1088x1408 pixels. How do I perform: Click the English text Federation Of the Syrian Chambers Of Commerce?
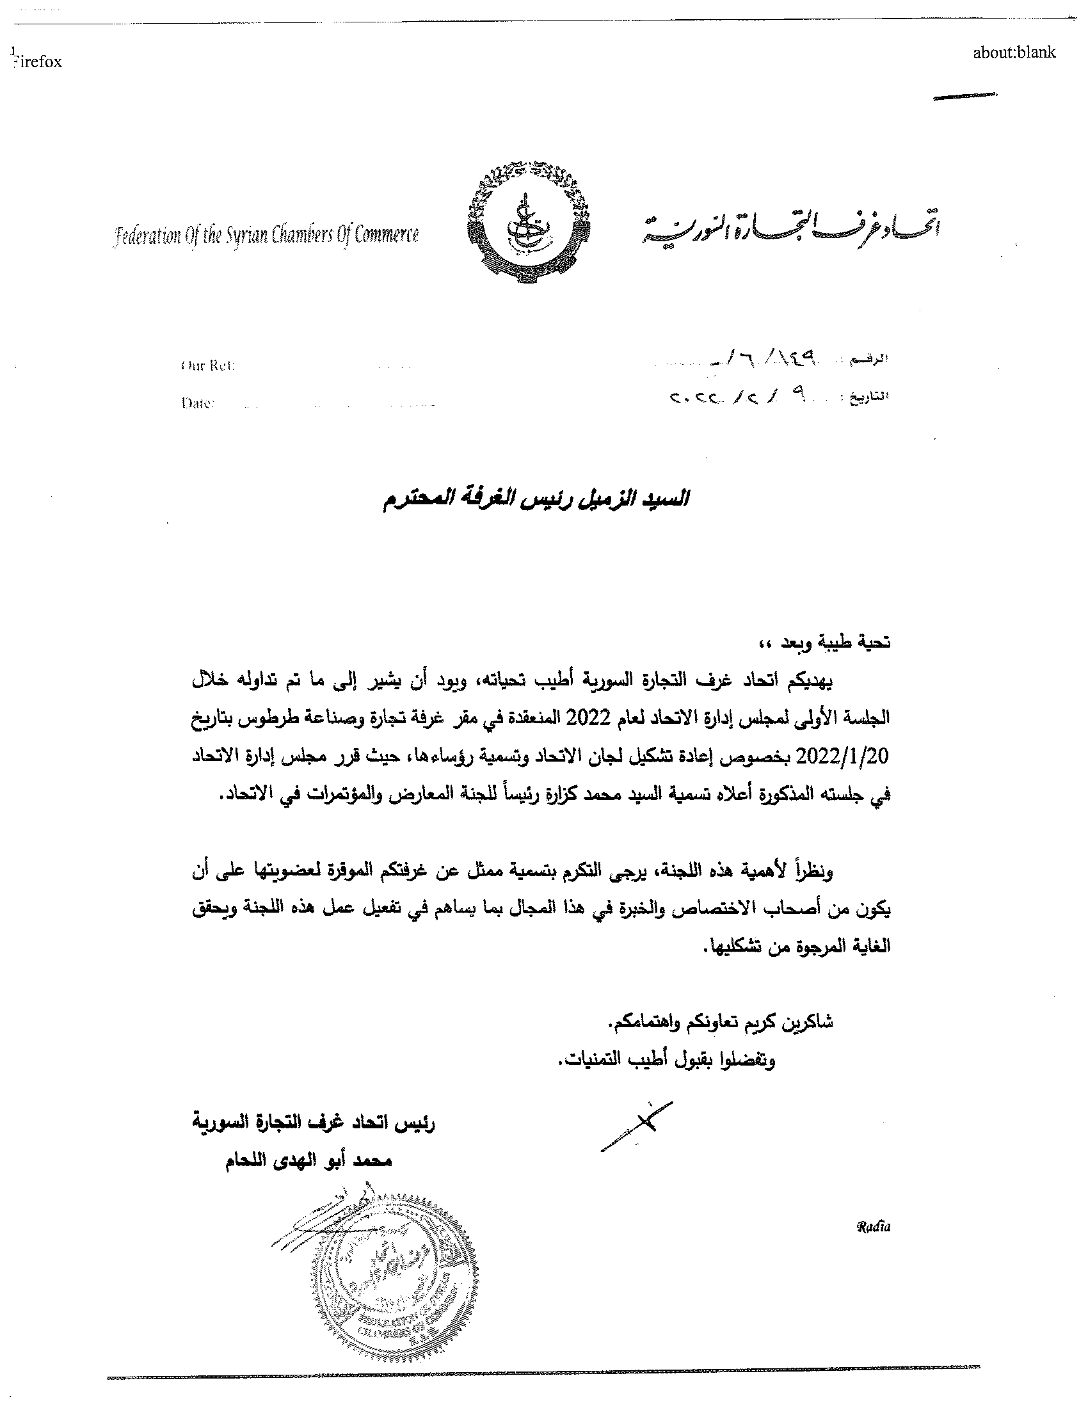coord(266,236)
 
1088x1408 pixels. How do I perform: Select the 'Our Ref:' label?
coord(207,365)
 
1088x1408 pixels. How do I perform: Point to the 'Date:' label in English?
coord(197,404)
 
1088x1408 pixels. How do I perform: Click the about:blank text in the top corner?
coord(1014,53)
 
